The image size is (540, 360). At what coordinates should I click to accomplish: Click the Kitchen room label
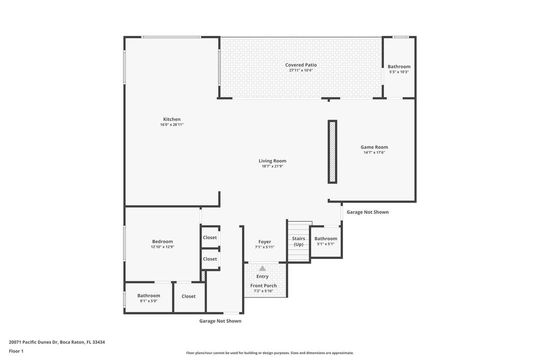[171, 119]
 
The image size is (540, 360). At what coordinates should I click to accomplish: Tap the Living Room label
[272, 161]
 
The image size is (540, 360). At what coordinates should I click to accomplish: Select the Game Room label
[374, 147]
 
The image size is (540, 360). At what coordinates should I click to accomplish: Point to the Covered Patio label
[301, 65]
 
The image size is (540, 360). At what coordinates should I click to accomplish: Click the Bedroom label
[162, 241]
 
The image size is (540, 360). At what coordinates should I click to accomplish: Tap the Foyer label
[264, 242]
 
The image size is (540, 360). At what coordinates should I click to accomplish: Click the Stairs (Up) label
[298, 241]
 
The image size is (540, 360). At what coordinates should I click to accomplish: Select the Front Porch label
[263, 285]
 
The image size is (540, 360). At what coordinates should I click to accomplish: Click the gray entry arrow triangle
[262, 268]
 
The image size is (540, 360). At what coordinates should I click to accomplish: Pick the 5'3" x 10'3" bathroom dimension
[399, 72]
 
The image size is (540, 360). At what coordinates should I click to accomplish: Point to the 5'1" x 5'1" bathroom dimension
[325, 244]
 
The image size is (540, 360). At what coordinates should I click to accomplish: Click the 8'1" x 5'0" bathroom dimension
[148, 301]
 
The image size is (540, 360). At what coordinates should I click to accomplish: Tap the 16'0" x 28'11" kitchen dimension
[171, 124]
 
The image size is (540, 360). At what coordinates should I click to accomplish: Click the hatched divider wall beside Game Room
[332, 151]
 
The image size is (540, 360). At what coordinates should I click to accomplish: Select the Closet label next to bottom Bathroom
[188, 296]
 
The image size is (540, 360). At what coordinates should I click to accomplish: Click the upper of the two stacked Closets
[210, 237]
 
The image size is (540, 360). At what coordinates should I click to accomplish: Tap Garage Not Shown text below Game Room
[367, 212]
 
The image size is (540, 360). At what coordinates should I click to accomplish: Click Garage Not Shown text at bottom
[220, 321]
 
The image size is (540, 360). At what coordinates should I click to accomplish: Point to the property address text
[56, 342]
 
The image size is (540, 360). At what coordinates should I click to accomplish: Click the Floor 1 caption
[16, 351]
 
